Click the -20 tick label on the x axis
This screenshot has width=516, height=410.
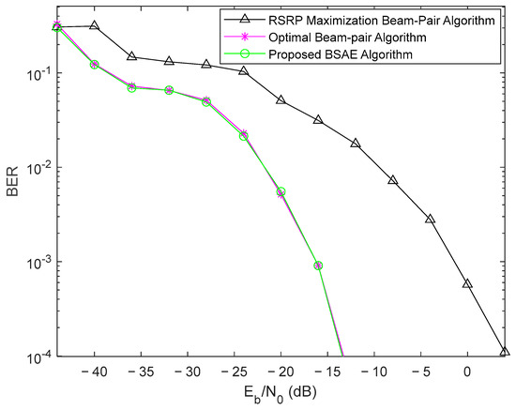tap(280, 372)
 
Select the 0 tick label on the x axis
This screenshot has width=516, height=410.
tap(467, 372)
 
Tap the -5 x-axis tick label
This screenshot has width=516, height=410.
tap(420, 372)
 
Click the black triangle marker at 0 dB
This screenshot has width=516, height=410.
tap(467, 283)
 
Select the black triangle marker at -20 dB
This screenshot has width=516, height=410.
tap(281, 99)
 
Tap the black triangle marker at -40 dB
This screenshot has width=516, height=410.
tap(94, 25)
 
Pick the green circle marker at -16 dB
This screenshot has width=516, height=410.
tap(318, 266)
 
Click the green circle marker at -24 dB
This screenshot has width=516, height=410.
tap(243, 135)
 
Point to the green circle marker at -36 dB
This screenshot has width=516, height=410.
tap(131, 87)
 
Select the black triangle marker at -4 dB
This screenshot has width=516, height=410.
tap(430, 219)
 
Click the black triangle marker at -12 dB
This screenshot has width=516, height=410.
tap(356, 143)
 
